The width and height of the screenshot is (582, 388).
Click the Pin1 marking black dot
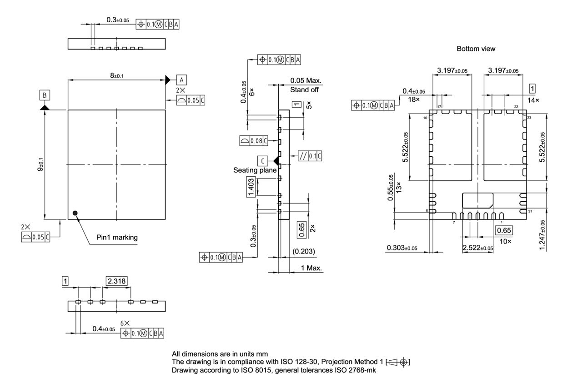75,213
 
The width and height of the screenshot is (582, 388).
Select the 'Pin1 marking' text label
117,237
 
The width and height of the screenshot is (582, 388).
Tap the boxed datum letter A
181,80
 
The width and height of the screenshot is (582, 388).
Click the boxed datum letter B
45,95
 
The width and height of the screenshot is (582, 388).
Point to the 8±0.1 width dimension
116,75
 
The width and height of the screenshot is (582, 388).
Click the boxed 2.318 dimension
116,281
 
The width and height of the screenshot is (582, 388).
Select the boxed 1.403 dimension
251,187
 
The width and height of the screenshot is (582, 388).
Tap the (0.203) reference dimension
304,251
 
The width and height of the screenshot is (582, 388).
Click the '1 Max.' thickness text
311,268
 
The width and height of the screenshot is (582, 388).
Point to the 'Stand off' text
305,90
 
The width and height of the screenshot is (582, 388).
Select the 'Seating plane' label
255,170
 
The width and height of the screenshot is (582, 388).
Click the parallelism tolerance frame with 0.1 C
310,156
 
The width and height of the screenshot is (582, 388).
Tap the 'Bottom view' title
476,49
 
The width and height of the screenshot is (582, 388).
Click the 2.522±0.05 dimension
477,248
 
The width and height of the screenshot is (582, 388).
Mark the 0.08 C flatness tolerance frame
254,141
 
